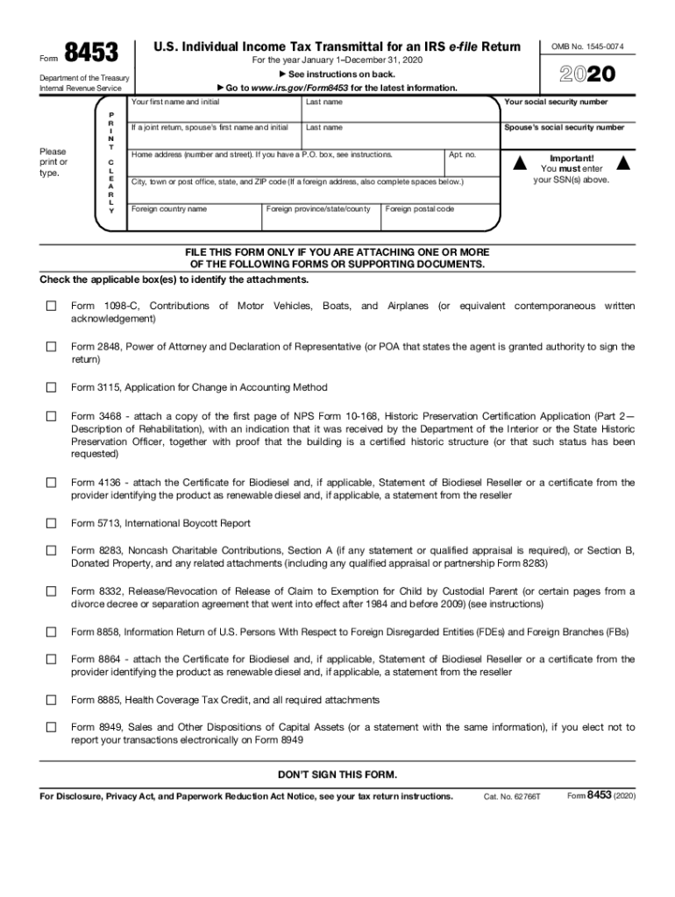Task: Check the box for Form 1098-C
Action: coord(51,306)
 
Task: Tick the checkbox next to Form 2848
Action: coord(51,347)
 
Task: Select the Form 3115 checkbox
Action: coord(51,387)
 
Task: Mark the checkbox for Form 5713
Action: coord(51,523)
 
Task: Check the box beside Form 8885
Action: coord(51,700)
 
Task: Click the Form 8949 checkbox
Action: coord(51,727)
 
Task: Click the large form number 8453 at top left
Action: coord(92,54)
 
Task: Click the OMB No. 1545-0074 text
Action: coord(587,46)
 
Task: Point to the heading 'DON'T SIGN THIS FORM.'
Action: coord(337,774)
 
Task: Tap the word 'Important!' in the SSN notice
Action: coord(572,159)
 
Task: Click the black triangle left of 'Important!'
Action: coord(520,163)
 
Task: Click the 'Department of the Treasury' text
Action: coord(84,78)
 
